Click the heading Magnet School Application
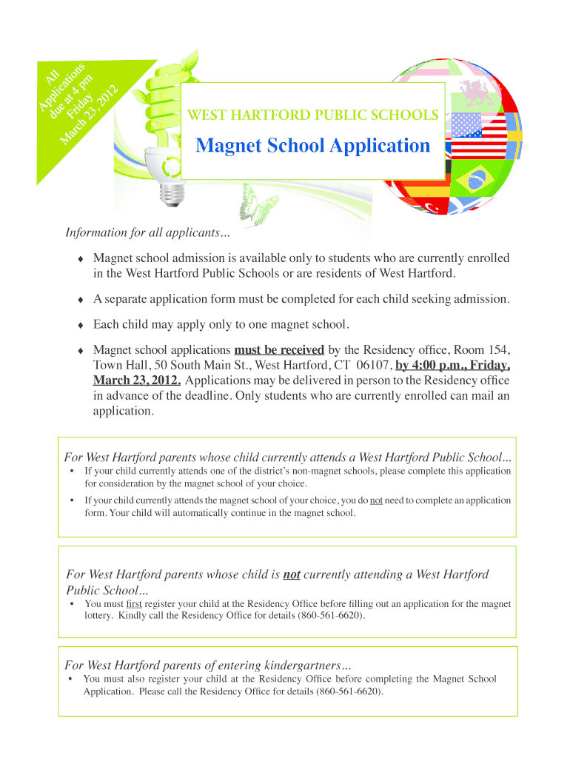(312, 145)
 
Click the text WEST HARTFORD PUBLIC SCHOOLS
(312, 115)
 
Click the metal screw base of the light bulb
(171, 194)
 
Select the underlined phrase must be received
(279, 349)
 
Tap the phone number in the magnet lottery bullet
(330, 615)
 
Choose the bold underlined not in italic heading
(292, 574)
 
